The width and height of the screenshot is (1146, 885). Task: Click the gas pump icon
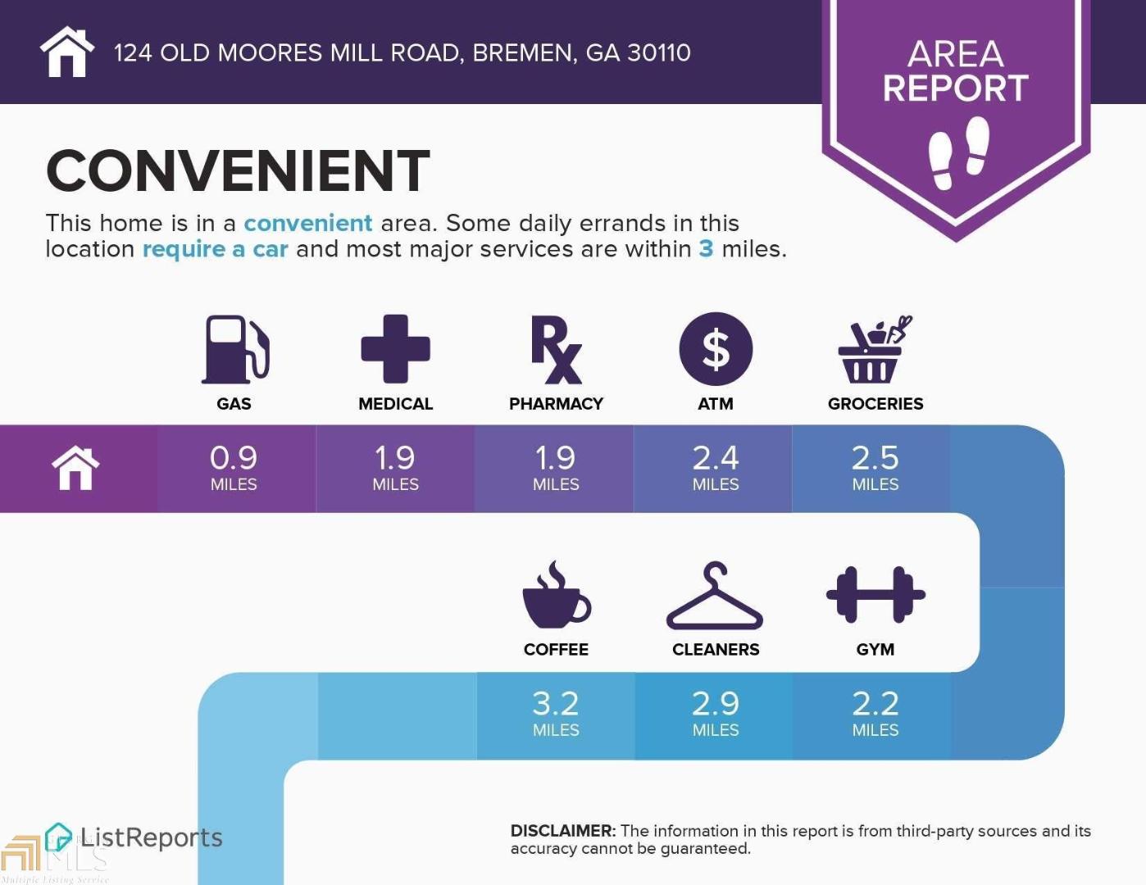click(x=235, y=349)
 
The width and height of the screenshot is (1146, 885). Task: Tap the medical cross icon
click(x=396, y=349)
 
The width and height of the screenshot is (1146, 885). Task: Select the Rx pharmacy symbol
click(x=556, y=349)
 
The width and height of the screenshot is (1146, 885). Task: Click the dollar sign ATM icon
click(x=716, y=349)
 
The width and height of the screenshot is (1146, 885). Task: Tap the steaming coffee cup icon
click(x=557, y=595)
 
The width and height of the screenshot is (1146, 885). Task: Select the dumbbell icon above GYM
click(x=875, y=595)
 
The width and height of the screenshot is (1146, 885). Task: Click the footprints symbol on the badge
click(x=959, y=153)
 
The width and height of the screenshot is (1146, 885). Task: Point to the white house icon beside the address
click(x=67, y=52)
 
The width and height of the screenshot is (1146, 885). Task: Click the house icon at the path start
click(x=75, y=468)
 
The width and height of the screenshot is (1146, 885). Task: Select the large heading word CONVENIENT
click(x=238, y=170)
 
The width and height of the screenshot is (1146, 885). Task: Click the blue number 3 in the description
click(x=706, y=249)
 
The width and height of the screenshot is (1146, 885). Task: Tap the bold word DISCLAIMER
click(x=562, y=831)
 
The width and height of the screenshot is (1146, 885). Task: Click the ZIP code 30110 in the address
click(x=659, y=52)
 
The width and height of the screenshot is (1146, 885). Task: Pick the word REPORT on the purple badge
click(x=956, y=88)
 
